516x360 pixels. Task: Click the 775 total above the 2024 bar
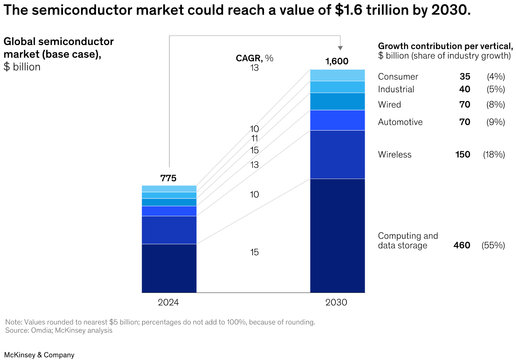tap(168, 178)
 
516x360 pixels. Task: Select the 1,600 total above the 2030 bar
tap(337, 61)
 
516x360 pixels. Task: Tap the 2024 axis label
tap(168, 302)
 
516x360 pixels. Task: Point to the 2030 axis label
tap(336, 302)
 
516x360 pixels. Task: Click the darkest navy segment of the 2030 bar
tap(337, 235)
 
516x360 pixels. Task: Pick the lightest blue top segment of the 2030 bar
tap(337, 75)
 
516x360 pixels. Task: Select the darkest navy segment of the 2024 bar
tap(169, 268)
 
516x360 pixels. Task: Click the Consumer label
tap(398, 77)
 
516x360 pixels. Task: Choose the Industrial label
tap(396, 89)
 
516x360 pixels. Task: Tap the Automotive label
tap(400, 122)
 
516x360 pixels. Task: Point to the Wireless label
tap(394, 155)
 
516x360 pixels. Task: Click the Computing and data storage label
tap(408, 241)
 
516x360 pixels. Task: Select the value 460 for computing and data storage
tap(462, 245)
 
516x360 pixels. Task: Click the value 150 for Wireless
tap(463, 155)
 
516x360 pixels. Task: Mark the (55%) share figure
tap(493, 245)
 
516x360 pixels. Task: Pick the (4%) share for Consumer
tap(496, 77)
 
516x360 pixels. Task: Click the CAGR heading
tap(254, 58)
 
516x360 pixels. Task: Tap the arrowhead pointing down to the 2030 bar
tap(340, 48)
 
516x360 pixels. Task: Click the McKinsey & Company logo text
tap(39, 355)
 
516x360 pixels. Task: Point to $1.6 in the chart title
tap(349, 10)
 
